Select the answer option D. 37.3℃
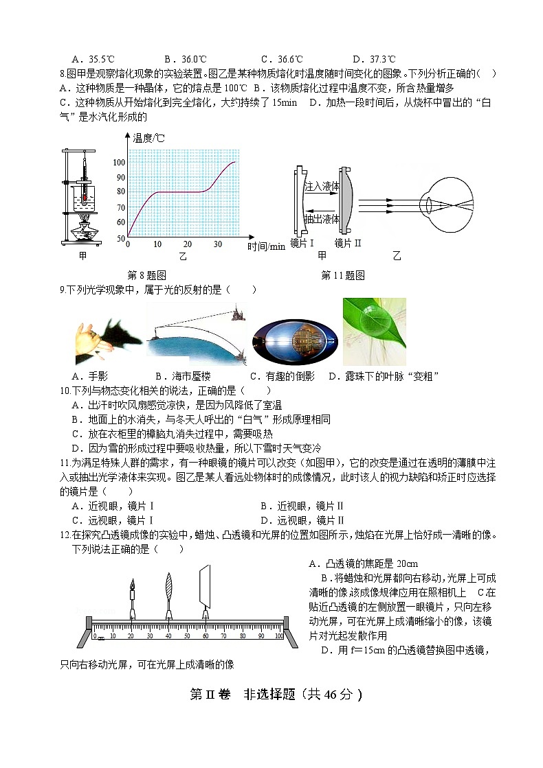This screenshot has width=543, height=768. pos(374,59)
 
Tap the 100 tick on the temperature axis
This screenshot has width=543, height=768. pos(120,162)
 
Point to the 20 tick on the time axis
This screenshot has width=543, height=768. pos(187,244)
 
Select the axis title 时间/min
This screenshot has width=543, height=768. pos(267,246)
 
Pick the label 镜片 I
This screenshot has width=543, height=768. pos(303,243)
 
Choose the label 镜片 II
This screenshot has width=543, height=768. pos(348,243)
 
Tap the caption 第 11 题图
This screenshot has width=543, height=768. pos(342,275)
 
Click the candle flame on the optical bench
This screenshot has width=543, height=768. pos(131,583)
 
